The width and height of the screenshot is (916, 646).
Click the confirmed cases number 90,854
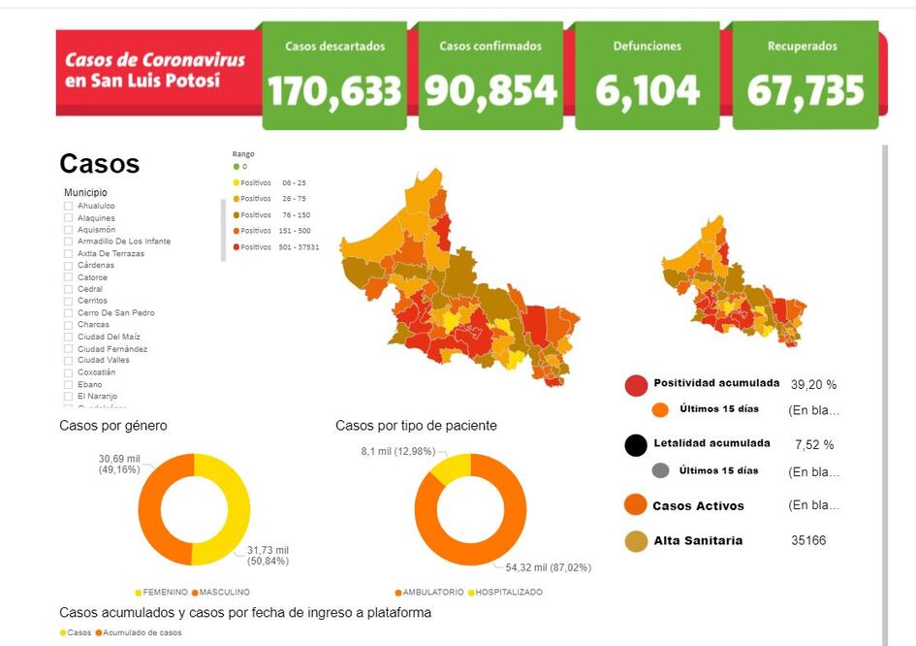coord(490,91)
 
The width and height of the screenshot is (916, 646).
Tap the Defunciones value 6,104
coord(648,91)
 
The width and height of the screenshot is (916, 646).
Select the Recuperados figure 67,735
coord(805,91)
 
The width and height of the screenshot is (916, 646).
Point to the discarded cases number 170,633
coord(334,91)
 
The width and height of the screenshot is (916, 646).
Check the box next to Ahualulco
coord(68,206)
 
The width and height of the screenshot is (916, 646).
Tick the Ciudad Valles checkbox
coord(68,360)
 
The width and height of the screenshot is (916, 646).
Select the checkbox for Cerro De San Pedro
coord(68,312)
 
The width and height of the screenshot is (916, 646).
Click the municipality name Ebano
coord(89,384)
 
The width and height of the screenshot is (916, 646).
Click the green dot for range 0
coord(236,167)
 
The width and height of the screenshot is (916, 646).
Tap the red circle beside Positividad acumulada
coord(636,385)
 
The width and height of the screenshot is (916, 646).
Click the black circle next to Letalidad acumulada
coord(636,445)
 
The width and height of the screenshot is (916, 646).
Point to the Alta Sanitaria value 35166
coord(808,540)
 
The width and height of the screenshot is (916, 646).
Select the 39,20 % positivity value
coord(814,384)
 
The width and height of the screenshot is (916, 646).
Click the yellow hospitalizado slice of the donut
coord(448,468)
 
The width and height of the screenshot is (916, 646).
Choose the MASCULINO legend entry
coord(224,592)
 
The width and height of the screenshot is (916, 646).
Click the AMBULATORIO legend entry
coord(429,592)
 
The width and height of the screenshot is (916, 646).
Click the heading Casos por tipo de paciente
coord(416,426)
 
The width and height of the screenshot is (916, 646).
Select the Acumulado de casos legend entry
coord(142,632)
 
